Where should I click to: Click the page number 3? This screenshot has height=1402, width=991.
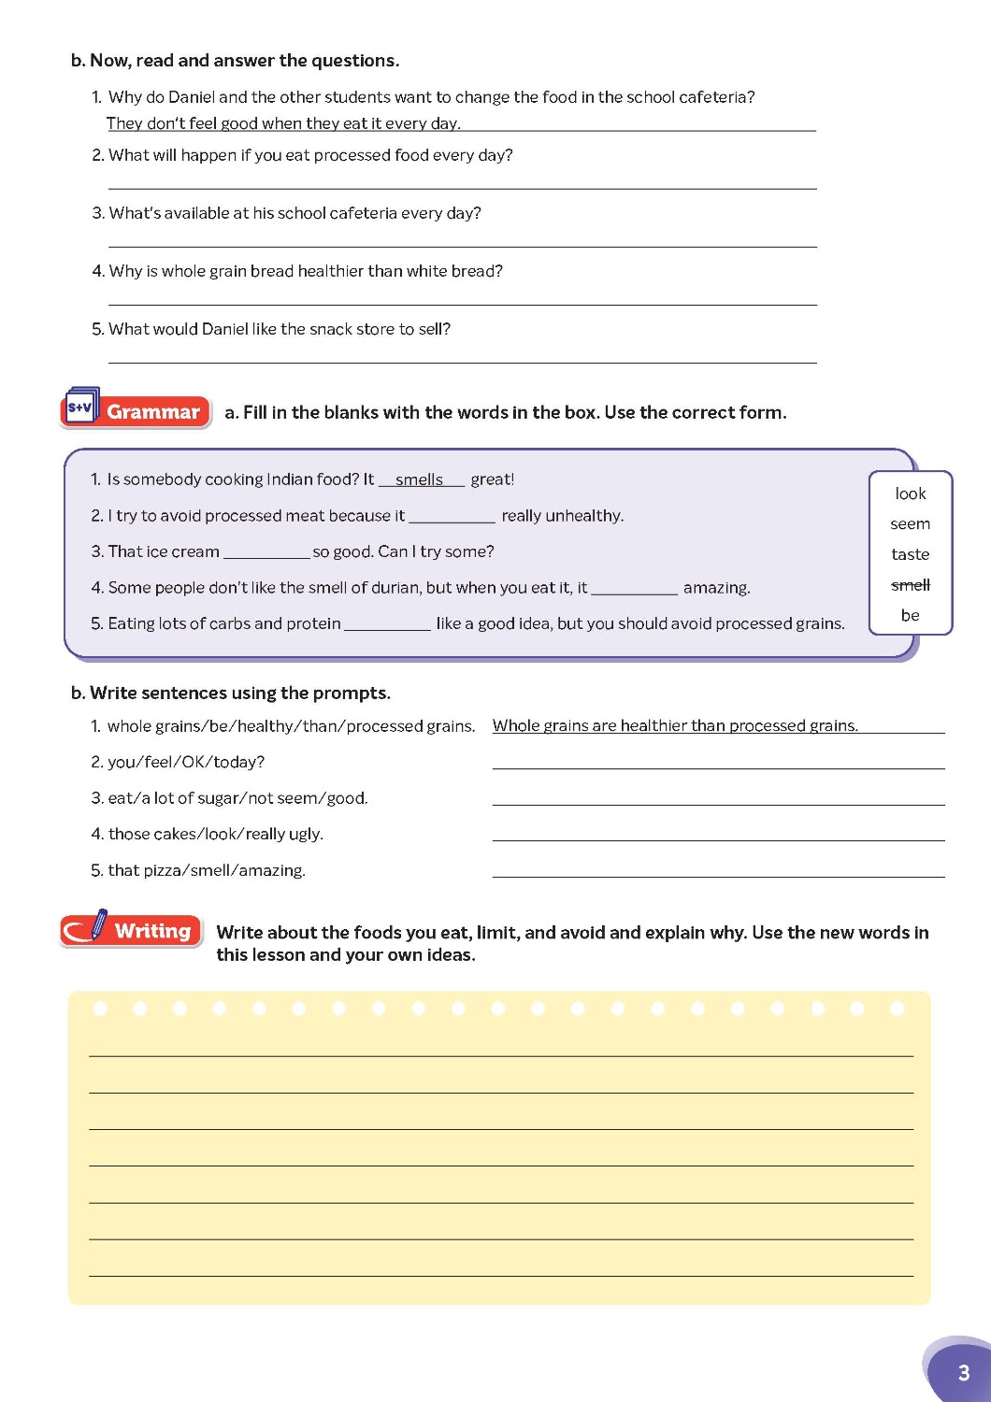point(964,1372)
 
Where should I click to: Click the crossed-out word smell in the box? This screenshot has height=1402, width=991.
point(911,585)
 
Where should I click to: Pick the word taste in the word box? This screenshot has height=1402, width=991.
point(911,554)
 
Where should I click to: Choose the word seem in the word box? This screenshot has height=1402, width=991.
point(911,524)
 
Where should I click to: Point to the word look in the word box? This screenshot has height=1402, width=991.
point(911,494)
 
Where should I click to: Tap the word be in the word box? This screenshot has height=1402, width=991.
point(911,615)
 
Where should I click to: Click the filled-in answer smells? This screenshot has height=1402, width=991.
point(419,479)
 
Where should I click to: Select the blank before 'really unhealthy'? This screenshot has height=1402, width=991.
point(452,517)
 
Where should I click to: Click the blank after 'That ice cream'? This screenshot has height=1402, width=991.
point(266,553)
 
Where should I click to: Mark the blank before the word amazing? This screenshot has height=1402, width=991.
point(635,589)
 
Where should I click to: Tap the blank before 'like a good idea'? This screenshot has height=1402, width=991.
point(387,624)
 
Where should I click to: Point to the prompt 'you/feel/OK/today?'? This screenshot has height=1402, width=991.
point(186,762)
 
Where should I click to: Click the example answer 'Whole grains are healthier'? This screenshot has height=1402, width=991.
point(675,725)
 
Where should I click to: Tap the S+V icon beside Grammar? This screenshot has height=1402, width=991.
point(81,408)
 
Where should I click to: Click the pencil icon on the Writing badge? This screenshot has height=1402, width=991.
point(97,923)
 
